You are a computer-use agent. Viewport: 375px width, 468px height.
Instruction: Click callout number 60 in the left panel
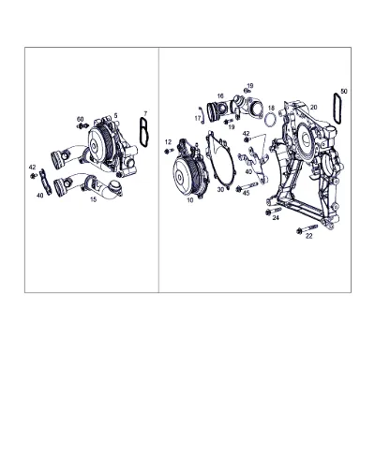coord(81,119)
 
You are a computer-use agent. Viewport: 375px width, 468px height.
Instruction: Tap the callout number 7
coord(145,113)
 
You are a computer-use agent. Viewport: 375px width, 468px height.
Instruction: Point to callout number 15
coord(94,199)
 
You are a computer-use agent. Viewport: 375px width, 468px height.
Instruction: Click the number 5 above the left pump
coord(115,116)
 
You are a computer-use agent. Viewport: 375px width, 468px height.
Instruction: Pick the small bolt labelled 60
coord(82,126)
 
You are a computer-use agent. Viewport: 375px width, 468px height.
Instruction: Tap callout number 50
coord(344,91)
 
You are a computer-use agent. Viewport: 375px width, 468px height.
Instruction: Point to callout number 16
coord(220,95)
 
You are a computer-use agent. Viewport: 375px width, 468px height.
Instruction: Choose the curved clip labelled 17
coord(202,115)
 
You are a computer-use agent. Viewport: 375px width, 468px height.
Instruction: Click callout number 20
coord(313,107)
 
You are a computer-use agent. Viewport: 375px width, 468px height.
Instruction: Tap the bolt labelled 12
coord(169,151)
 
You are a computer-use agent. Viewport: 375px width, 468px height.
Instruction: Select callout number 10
coord(190,200)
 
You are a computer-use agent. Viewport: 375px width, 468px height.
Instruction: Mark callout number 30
coord(220,189)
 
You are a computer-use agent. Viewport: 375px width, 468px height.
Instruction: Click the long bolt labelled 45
coord(247,186)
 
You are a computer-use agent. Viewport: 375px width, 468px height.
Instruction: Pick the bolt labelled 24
coord(273,211)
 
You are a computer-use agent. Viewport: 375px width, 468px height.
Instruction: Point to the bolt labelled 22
coord(307,228)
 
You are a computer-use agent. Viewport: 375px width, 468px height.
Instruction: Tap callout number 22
coord(308,236)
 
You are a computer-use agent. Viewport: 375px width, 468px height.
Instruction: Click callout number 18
coord(271,108)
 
